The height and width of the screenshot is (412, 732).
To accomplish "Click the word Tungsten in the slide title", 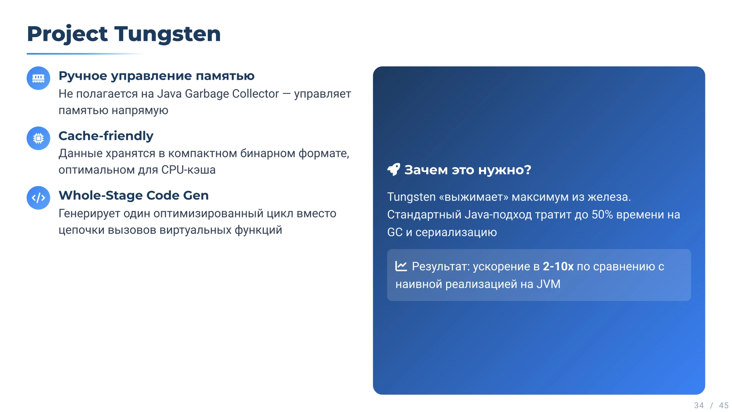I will [167, 34].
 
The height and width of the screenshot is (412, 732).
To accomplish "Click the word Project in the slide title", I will [67, 34].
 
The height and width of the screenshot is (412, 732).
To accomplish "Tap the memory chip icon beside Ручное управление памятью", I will [38, 78].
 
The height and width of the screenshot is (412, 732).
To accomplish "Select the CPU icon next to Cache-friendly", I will [38, 138].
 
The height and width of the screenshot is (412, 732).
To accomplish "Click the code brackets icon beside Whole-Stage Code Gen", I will [38, 198].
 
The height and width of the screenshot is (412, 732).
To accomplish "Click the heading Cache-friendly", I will [106, 136].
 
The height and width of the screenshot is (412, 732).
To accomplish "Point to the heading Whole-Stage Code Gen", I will [133, 195].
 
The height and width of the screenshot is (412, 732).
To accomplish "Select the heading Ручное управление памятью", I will [156, 76].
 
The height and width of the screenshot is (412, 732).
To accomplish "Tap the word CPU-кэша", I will [188, 170].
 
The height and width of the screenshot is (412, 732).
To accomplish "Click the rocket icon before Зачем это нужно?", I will [393, 169].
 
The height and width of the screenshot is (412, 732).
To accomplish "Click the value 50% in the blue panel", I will [602, 215].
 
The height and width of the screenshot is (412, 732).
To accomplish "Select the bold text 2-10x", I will [558, 266].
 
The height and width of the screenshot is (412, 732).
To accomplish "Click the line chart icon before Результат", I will [401, 266].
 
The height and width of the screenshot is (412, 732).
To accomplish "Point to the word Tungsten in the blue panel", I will [411, 197].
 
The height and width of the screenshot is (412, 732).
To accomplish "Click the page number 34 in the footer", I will [699, 406].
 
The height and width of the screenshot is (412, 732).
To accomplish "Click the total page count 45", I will [724, 406].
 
